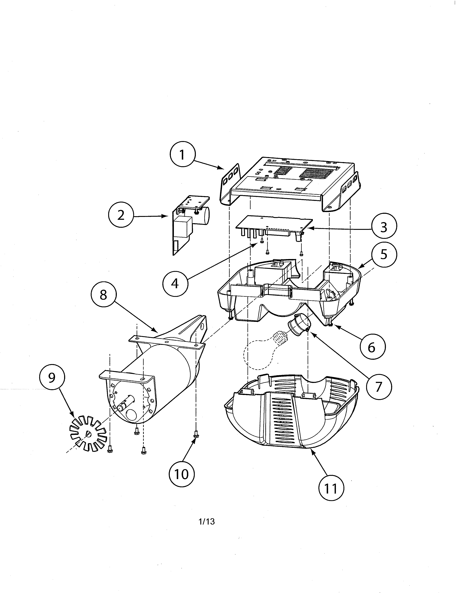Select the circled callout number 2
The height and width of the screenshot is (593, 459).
click(121, 216)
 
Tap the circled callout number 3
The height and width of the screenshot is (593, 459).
click(383, 227)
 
